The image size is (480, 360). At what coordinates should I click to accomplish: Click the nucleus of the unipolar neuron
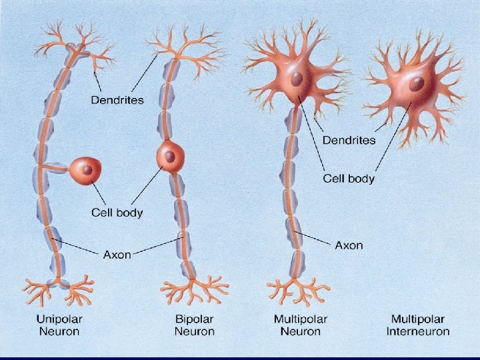87,170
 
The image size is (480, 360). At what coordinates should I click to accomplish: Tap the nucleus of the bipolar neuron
170,157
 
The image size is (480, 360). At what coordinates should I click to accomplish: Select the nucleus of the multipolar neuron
297,79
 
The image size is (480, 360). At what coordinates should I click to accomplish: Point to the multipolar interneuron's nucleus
417,84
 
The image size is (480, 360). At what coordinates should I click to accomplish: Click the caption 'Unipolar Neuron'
59,325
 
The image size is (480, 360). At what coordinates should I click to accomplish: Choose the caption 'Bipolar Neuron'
195,325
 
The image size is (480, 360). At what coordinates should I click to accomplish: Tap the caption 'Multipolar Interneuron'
418,325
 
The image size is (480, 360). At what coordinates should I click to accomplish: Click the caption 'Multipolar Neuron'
301,325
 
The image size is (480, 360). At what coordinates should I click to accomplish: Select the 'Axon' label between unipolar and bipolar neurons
117,255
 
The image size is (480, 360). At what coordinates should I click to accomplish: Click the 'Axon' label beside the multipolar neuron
349,245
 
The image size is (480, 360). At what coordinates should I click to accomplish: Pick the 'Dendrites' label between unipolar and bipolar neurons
117,100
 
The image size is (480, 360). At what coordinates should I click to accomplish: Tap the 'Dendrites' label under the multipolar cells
349,140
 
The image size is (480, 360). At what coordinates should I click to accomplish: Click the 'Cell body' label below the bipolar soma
117,213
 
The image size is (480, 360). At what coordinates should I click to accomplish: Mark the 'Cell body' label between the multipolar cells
349,178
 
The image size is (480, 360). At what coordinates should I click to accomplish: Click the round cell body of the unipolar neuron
86,171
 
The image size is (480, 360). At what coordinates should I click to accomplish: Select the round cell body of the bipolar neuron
171,157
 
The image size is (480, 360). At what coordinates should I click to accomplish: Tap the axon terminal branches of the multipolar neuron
297,291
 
